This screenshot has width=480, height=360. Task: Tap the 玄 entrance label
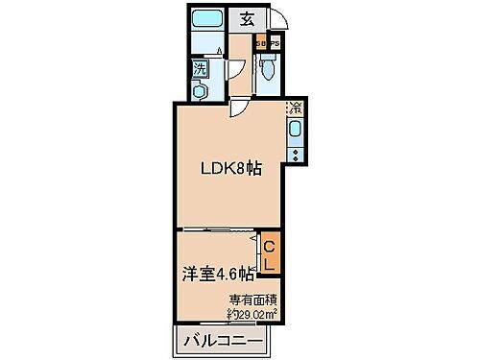tap(248, 18)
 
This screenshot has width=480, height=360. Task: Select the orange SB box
tap(260, 43)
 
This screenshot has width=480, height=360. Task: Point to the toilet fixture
tap(268, 67)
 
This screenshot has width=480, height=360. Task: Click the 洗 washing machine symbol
tap(200, 68)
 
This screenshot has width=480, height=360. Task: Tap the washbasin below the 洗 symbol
tap(199, 90)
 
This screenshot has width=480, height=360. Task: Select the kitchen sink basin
tap(296, 130)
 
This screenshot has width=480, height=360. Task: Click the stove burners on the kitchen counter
tap(296, 151)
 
